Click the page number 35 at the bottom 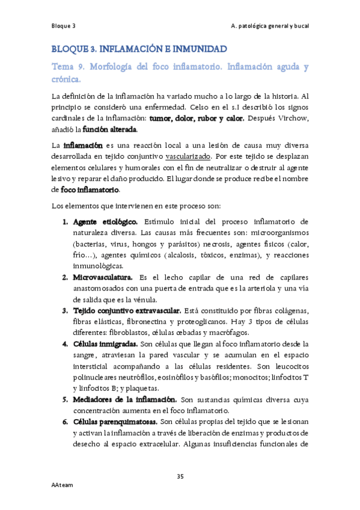pyautogui.click(x=180, y=477)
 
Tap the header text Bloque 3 pyautogui.click(x=63, y=26)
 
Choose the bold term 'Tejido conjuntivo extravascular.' pyautogui.click(x=127, y=310)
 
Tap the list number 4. pyautogui.click(x=66, y=344)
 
